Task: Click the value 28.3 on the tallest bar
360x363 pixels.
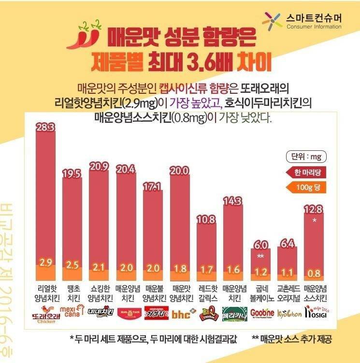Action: pyautogui.click(x=46, y=128)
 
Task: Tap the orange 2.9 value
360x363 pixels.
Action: pyautogui.click(x=46, y=263)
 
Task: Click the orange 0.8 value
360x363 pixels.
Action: pyautogui.click(x=314, y=274)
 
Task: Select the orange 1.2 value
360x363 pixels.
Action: pyautogui.click(x=260, y=272)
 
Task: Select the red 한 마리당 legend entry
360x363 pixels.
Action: pyautogui.click(x=306, y=172)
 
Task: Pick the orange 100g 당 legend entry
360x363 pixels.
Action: pyautogui.click(x=306, y=187)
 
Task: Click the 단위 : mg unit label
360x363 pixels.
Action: pyautogui.click(x=306, y=157)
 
